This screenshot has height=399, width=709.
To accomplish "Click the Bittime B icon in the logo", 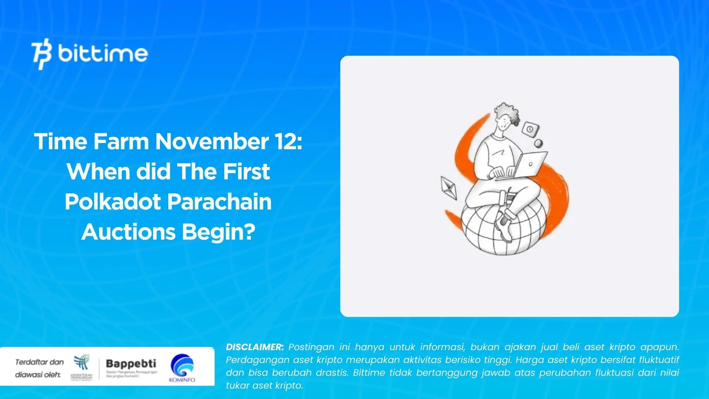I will point(42,54).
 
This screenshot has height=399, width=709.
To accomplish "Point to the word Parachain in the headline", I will point(220,202).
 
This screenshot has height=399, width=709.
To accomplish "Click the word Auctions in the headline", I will point(128,232).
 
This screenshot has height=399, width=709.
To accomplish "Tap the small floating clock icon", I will point(530,129).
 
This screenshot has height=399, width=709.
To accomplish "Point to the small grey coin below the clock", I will point(538,143).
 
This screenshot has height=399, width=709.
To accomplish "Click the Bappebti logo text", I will point(131,364).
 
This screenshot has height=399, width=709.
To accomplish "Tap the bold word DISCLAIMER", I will point(254,347).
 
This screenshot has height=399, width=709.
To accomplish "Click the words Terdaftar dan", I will point(39,362).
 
